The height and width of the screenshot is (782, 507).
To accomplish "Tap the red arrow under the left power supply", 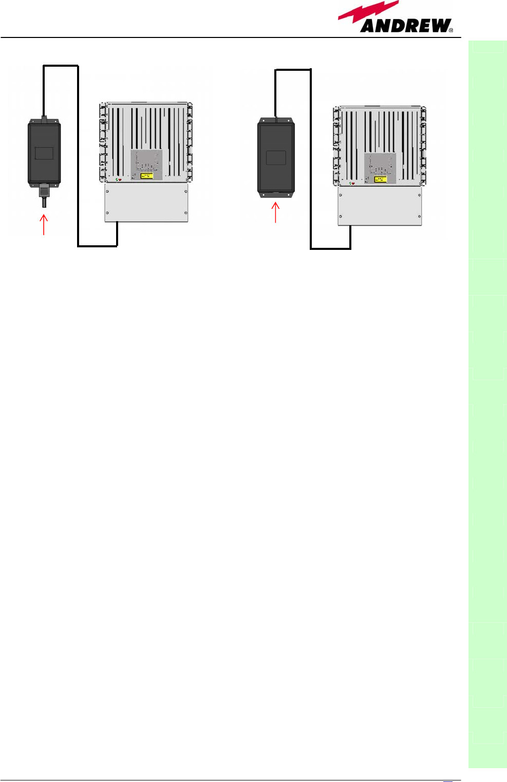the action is click(44, 224).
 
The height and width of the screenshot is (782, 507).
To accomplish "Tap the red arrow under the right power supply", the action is click(276, 212).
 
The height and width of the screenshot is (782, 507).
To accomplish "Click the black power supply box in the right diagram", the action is click(276, 157).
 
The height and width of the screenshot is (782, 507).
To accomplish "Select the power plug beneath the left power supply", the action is click(44, 194).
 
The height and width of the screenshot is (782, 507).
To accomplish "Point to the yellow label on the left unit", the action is click(147, 175).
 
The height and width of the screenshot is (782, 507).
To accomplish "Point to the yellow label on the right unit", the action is click(381, 179).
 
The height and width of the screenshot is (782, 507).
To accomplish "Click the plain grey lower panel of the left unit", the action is click(146, 203).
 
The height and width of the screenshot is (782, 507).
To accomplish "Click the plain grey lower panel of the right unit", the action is click(380, 206).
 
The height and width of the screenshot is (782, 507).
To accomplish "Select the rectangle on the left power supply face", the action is click(44, 153).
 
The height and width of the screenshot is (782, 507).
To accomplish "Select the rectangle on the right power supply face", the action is click(276, 158).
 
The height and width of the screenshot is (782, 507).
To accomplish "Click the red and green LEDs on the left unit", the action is click(119, 180).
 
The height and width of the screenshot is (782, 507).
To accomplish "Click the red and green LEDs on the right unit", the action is click(352, 183).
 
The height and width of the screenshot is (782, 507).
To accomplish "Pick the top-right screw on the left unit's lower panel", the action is click(185, 191).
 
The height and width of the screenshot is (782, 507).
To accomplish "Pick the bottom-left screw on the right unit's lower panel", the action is click(341, 217).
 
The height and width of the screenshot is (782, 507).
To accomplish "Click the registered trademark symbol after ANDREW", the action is click(451, 30).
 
